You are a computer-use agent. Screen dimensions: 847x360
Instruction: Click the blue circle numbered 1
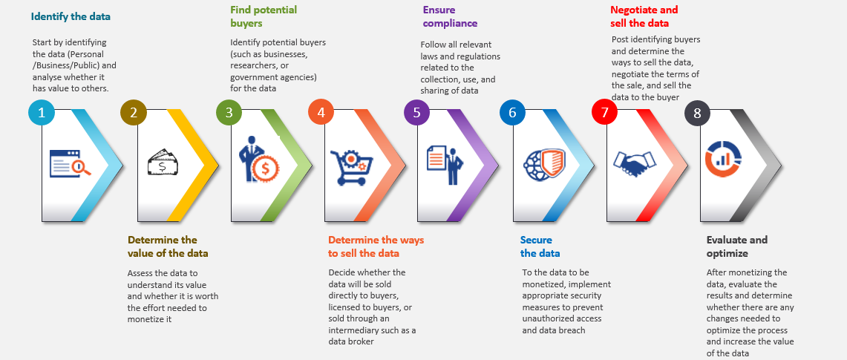click(42, 113)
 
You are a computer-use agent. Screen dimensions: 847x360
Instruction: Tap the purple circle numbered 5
click(417, 113)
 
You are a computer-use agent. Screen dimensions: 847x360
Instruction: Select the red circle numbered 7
click(605, 113)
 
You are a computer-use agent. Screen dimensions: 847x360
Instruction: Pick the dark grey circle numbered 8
click(698, 113)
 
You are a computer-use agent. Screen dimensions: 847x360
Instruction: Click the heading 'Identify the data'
click(71, 16)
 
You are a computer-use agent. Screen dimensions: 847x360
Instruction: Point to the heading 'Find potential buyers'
click(264, 16)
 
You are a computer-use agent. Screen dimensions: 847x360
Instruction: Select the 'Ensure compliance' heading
click(450, 16)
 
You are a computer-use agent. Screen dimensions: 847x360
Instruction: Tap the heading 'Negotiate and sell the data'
click(644, 16)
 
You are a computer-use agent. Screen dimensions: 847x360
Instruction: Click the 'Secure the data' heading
click(540, 246)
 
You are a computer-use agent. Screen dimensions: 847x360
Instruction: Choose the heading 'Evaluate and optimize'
click(737, 246)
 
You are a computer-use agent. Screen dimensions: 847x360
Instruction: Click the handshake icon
click(633, 163)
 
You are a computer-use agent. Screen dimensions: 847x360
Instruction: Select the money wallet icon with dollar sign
click(162, 163)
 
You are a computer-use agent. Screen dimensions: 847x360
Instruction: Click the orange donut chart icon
click(723, 159)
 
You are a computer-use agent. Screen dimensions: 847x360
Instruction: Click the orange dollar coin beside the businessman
click(265, 168)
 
